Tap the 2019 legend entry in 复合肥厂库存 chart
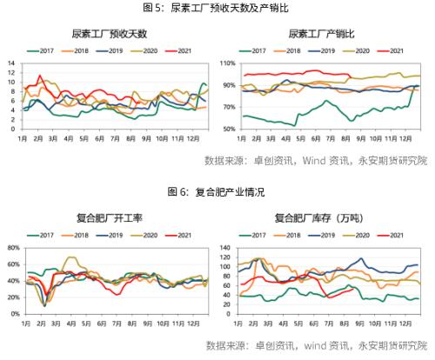pyautogui.click(x=330, y=235)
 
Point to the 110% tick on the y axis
pyautogui.click(x=224, y=64)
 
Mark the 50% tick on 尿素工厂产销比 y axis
pyautogui.click(x=225, y=129)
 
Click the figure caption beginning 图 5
pyautogui.click(x=217, y=9)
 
